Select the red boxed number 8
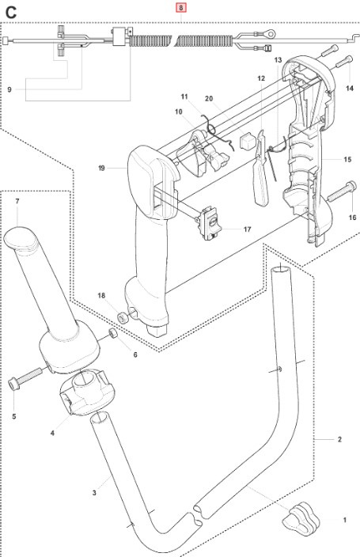point(181,7)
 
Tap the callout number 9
point(9,89)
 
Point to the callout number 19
point(102,168)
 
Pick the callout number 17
point(248,229)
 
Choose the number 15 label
point(347,160)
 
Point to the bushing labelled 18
point(123,317)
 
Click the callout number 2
point(339,439)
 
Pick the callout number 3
point(94,493)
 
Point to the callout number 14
point(351,90)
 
